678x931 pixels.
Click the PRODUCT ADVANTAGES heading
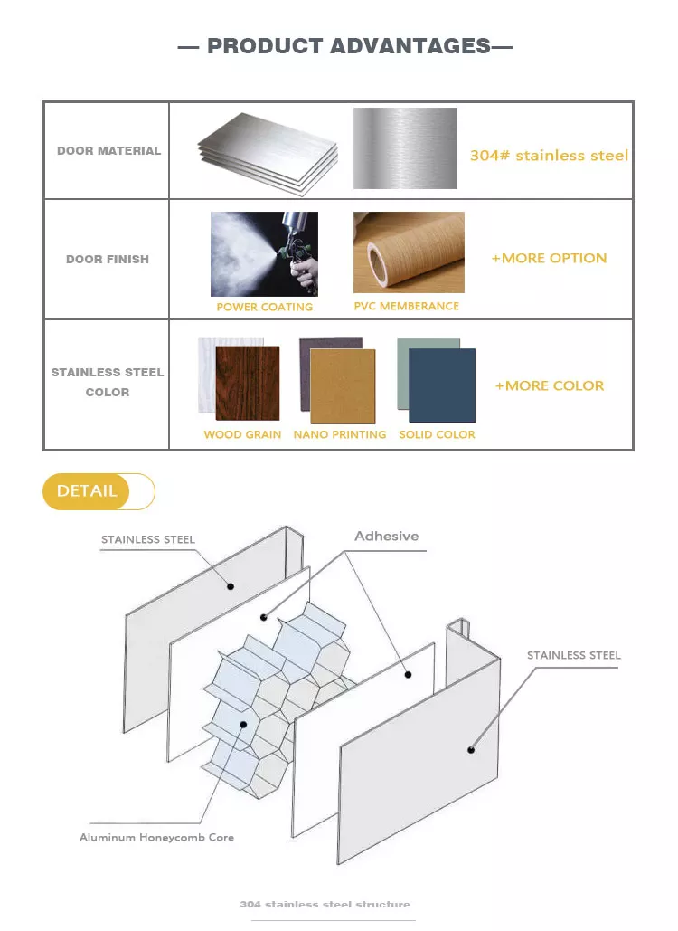pyautogui.click(x=349, y=46)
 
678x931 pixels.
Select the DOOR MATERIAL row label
pyautogui.click(x=108, y=151)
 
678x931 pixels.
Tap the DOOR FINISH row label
pyautogui.click(x=108, y=260)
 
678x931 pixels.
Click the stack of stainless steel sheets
pyautogui.click(x=268, y=153)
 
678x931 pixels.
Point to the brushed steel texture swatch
pyautogui.click(x=405, y=148)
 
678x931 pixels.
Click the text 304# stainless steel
pyautogui.click(x=549, y=156)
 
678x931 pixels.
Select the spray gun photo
pyautogui.click(x=265, y=254)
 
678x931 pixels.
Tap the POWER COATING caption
pyautogui.click(x=265, y=307)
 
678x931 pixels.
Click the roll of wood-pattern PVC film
pyautogui.click(x=409, y=252)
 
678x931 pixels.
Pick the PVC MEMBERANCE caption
pyautogui.click(x=406, y=306)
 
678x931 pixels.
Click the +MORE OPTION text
pyautogui.click(x=550, y=258)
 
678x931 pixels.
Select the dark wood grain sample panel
pyautogui.click(x=248, y=383)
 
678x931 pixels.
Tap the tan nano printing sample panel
pyautogui.click(x=343, y=386)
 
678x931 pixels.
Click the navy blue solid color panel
pyautogui.click(x=442, y=385)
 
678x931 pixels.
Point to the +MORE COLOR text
pyautogui.click(x=550, y=386)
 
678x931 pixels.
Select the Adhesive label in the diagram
pyautogui.click(x=387, y=537)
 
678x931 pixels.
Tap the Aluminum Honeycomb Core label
pyautogui.click(x=156, y=837)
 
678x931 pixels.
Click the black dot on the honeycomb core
pyautogui.click(x=243, y=725)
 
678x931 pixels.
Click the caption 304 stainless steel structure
pyautogui.click(x=325, y=904)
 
